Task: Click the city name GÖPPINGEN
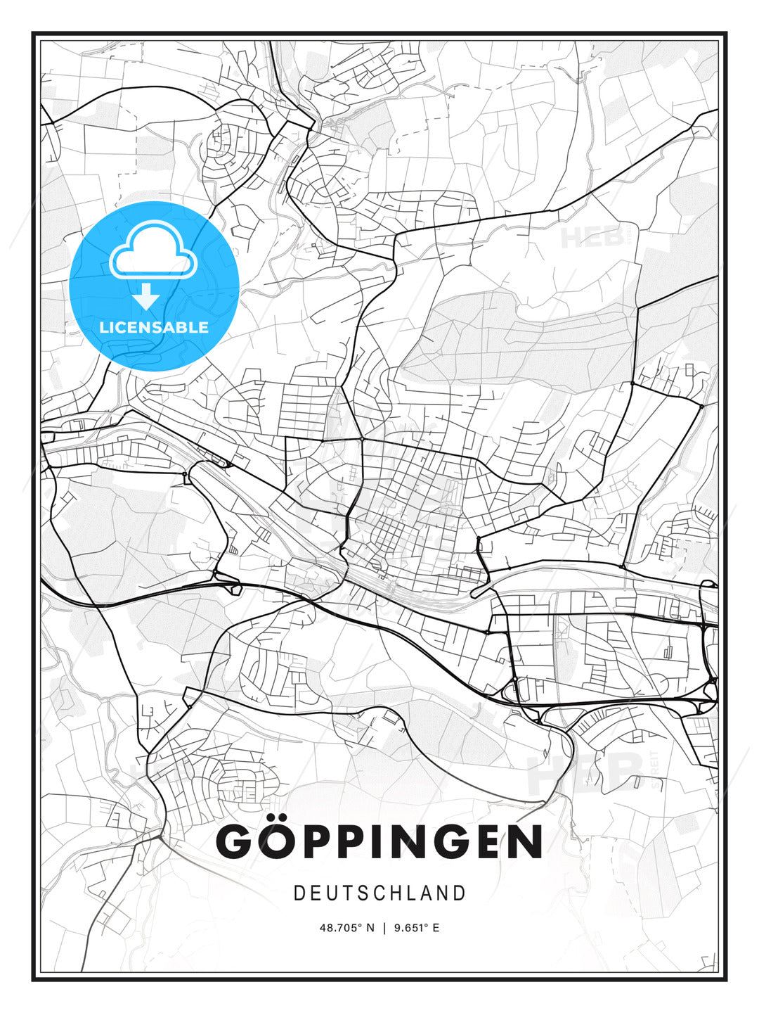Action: [379, 841]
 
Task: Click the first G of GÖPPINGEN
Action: [235, 841]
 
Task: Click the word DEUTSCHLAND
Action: [379, 893]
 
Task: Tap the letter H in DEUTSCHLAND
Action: [396, 893]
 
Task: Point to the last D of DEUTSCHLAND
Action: [460, 893]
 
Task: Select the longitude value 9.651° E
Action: [417, 928]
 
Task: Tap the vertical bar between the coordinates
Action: [384, 928]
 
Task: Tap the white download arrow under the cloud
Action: [146, 297]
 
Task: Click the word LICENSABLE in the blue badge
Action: [154, 327]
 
